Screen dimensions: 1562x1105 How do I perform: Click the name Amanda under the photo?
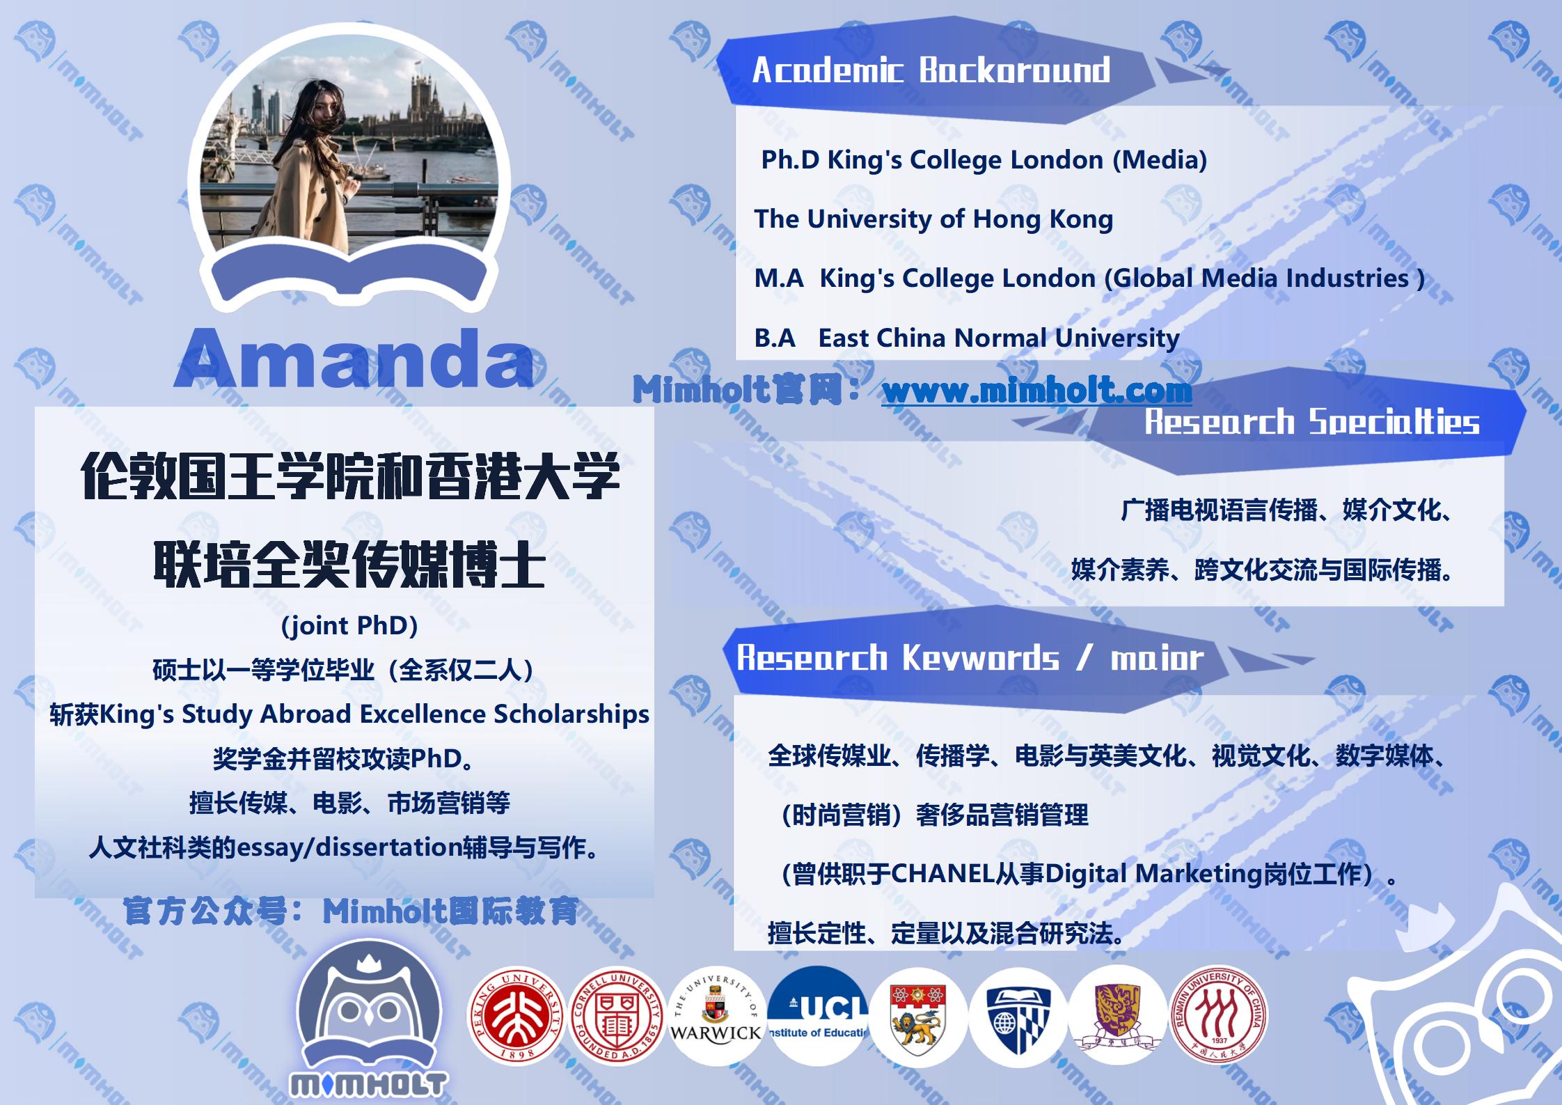pyautogui.click(x=354, y=358)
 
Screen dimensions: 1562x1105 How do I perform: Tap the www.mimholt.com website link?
pyautogui.click(x=1036, y=391)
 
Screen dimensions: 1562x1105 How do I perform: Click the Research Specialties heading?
pyautogui.click(x=1312, y=422)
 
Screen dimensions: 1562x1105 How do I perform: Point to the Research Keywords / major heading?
pyautogui.click(x=970, y=658)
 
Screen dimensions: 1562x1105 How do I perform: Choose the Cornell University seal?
pyautogui.click(x=617, y=1015)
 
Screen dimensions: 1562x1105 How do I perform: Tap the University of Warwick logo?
pyautogui.click(x=716, y=1015)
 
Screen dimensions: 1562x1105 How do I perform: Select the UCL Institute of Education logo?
pyautogui.click(x=817, y=1015)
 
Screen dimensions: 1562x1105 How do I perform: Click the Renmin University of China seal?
pyautogui.click(x=1218, y=1015)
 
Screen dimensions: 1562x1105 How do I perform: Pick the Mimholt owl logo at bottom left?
pyautogui.click(x=369, y=1024)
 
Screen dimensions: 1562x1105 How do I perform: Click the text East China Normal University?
pyautogui.click(x=998, y=338)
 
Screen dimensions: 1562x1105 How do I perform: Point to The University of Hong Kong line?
pyautogui.click(x=933, y=219)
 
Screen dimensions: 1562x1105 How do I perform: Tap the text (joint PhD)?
pyautogui.click(x=349, y=626)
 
